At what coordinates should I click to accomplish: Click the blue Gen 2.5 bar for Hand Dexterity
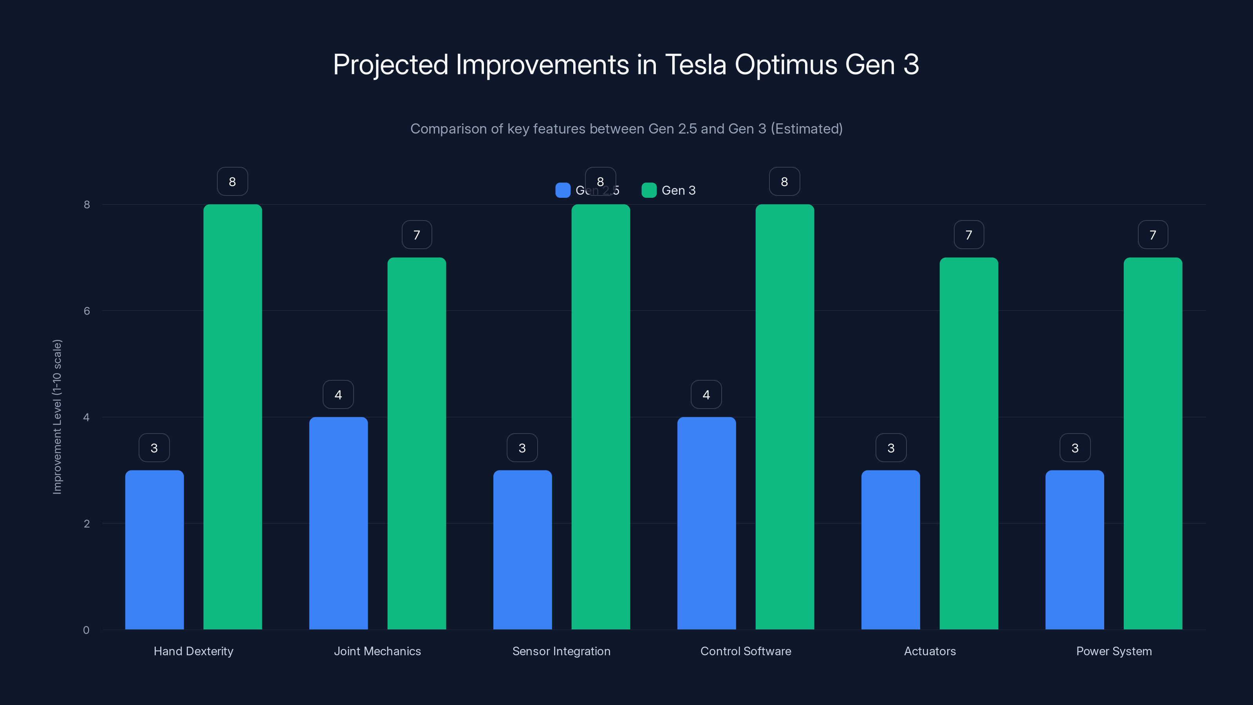pos(154,550)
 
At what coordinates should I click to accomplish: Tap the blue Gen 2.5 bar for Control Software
pos(706,523)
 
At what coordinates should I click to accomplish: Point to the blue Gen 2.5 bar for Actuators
pos(891,550)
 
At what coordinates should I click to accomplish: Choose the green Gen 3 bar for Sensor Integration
pos(600,416)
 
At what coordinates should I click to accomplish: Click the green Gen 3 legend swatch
pos(649,190)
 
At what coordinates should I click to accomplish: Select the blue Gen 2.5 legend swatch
pos(563,190)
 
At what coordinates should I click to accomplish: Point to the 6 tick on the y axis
pos(87,311)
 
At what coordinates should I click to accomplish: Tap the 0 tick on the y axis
pos(86,630)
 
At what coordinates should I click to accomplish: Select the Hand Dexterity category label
pos(193,651)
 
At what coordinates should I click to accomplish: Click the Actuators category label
pos(930,651)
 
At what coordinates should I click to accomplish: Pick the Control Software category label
pos(746,651)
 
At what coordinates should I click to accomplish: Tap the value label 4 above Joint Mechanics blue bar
pos(338,394)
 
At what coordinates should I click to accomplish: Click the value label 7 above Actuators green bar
pos(968,235)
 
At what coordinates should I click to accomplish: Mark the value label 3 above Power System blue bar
pos(1075,448)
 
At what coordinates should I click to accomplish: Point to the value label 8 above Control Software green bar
pos(784,181)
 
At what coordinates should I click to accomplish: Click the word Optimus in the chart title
pos(785,65)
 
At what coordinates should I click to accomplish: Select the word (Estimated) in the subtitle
pos(807,129)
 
